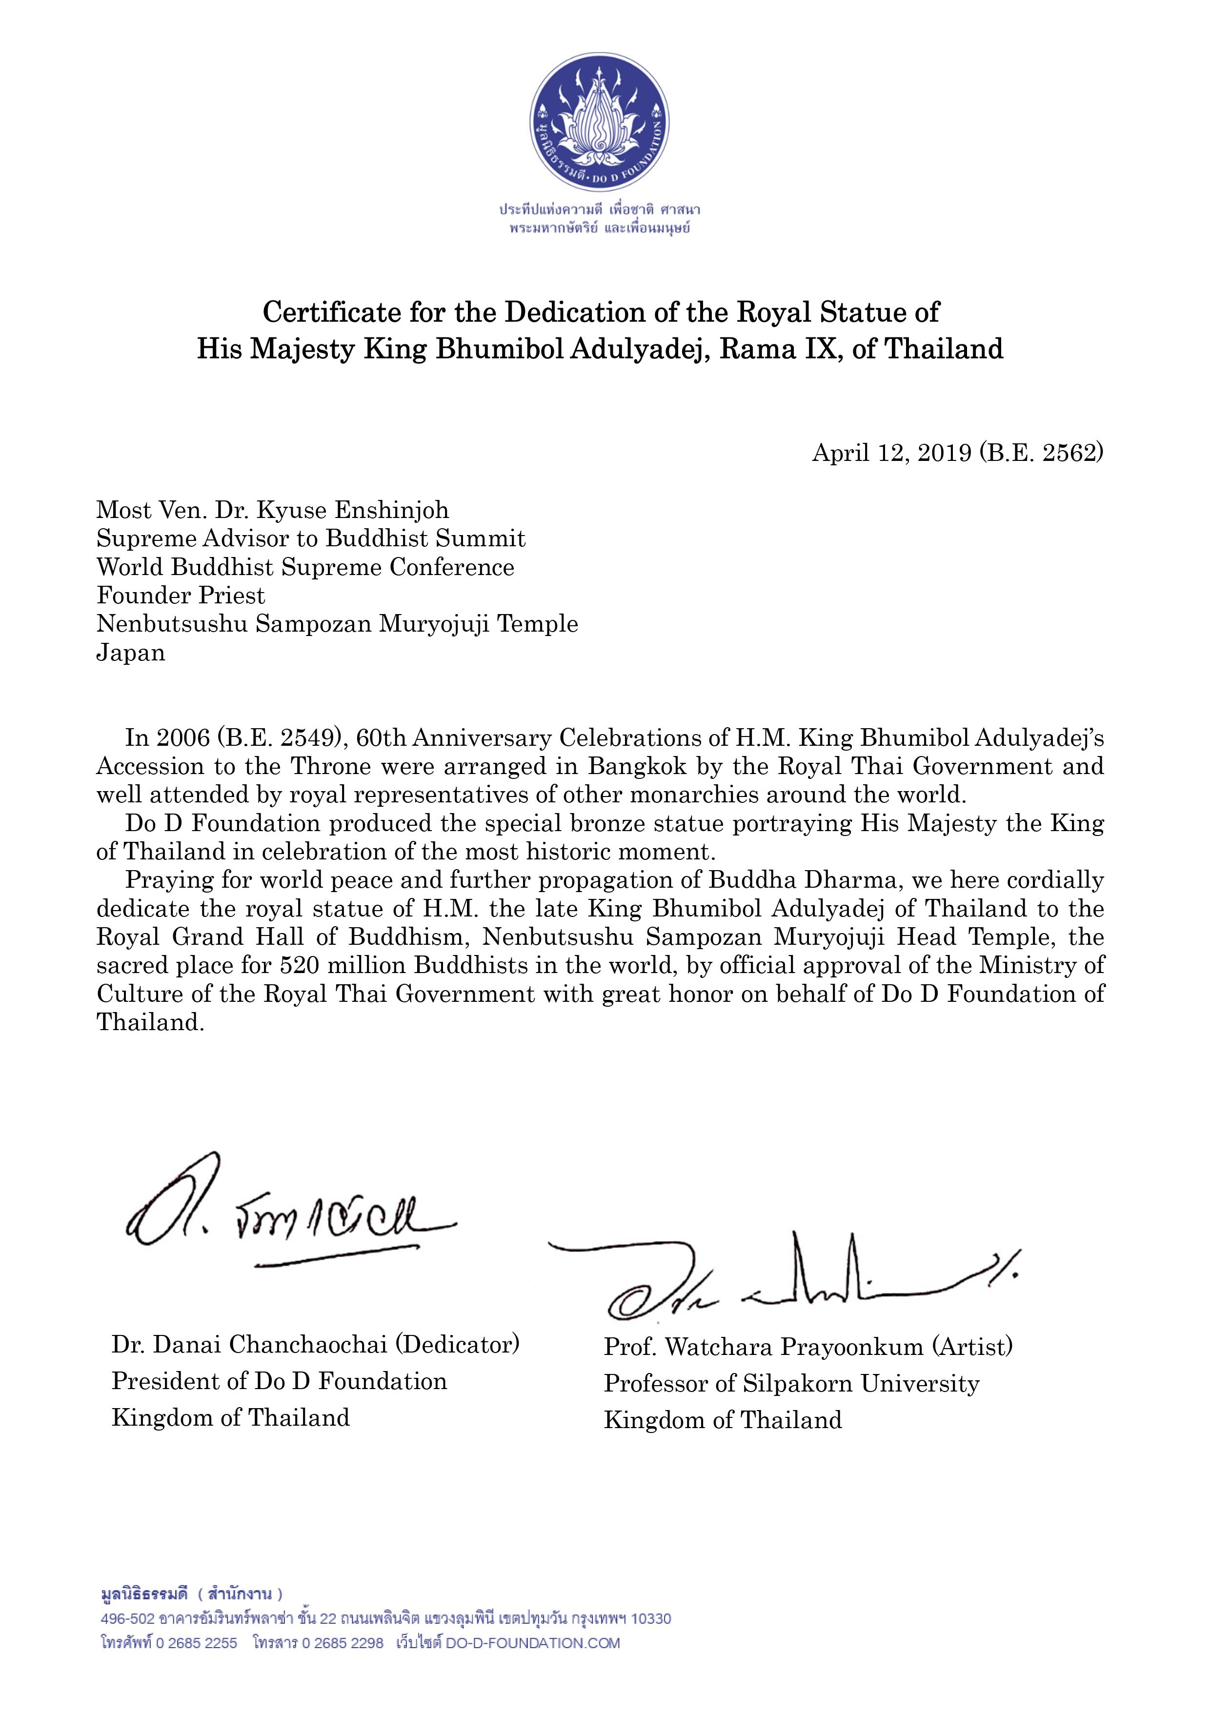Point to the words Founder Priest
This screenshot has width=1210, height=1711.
pyautogui.click(x=181, y=596)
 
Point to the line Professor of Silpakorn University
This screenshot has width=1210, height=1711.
pyautogui.click(x=791, y=1384)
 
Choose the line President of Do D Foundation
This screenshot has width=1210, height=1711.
pyautogui.click(x=279, y=1382)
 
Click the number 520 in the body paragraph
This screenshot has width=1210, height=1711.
pyautogui.click(x=301, y=966)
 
